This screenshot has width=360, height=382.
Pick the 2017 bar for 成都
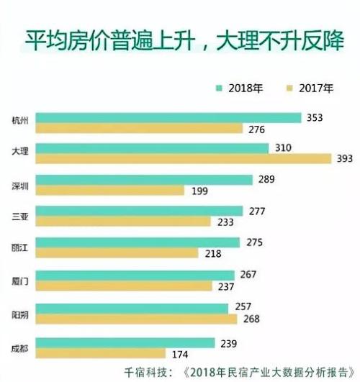[100, 353]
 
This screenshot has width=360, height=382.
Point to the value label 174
[180, 353]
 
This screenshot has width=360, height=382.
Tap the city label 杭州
[21, 120]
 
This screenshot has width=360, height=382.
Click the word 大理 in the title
[246, 36]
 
